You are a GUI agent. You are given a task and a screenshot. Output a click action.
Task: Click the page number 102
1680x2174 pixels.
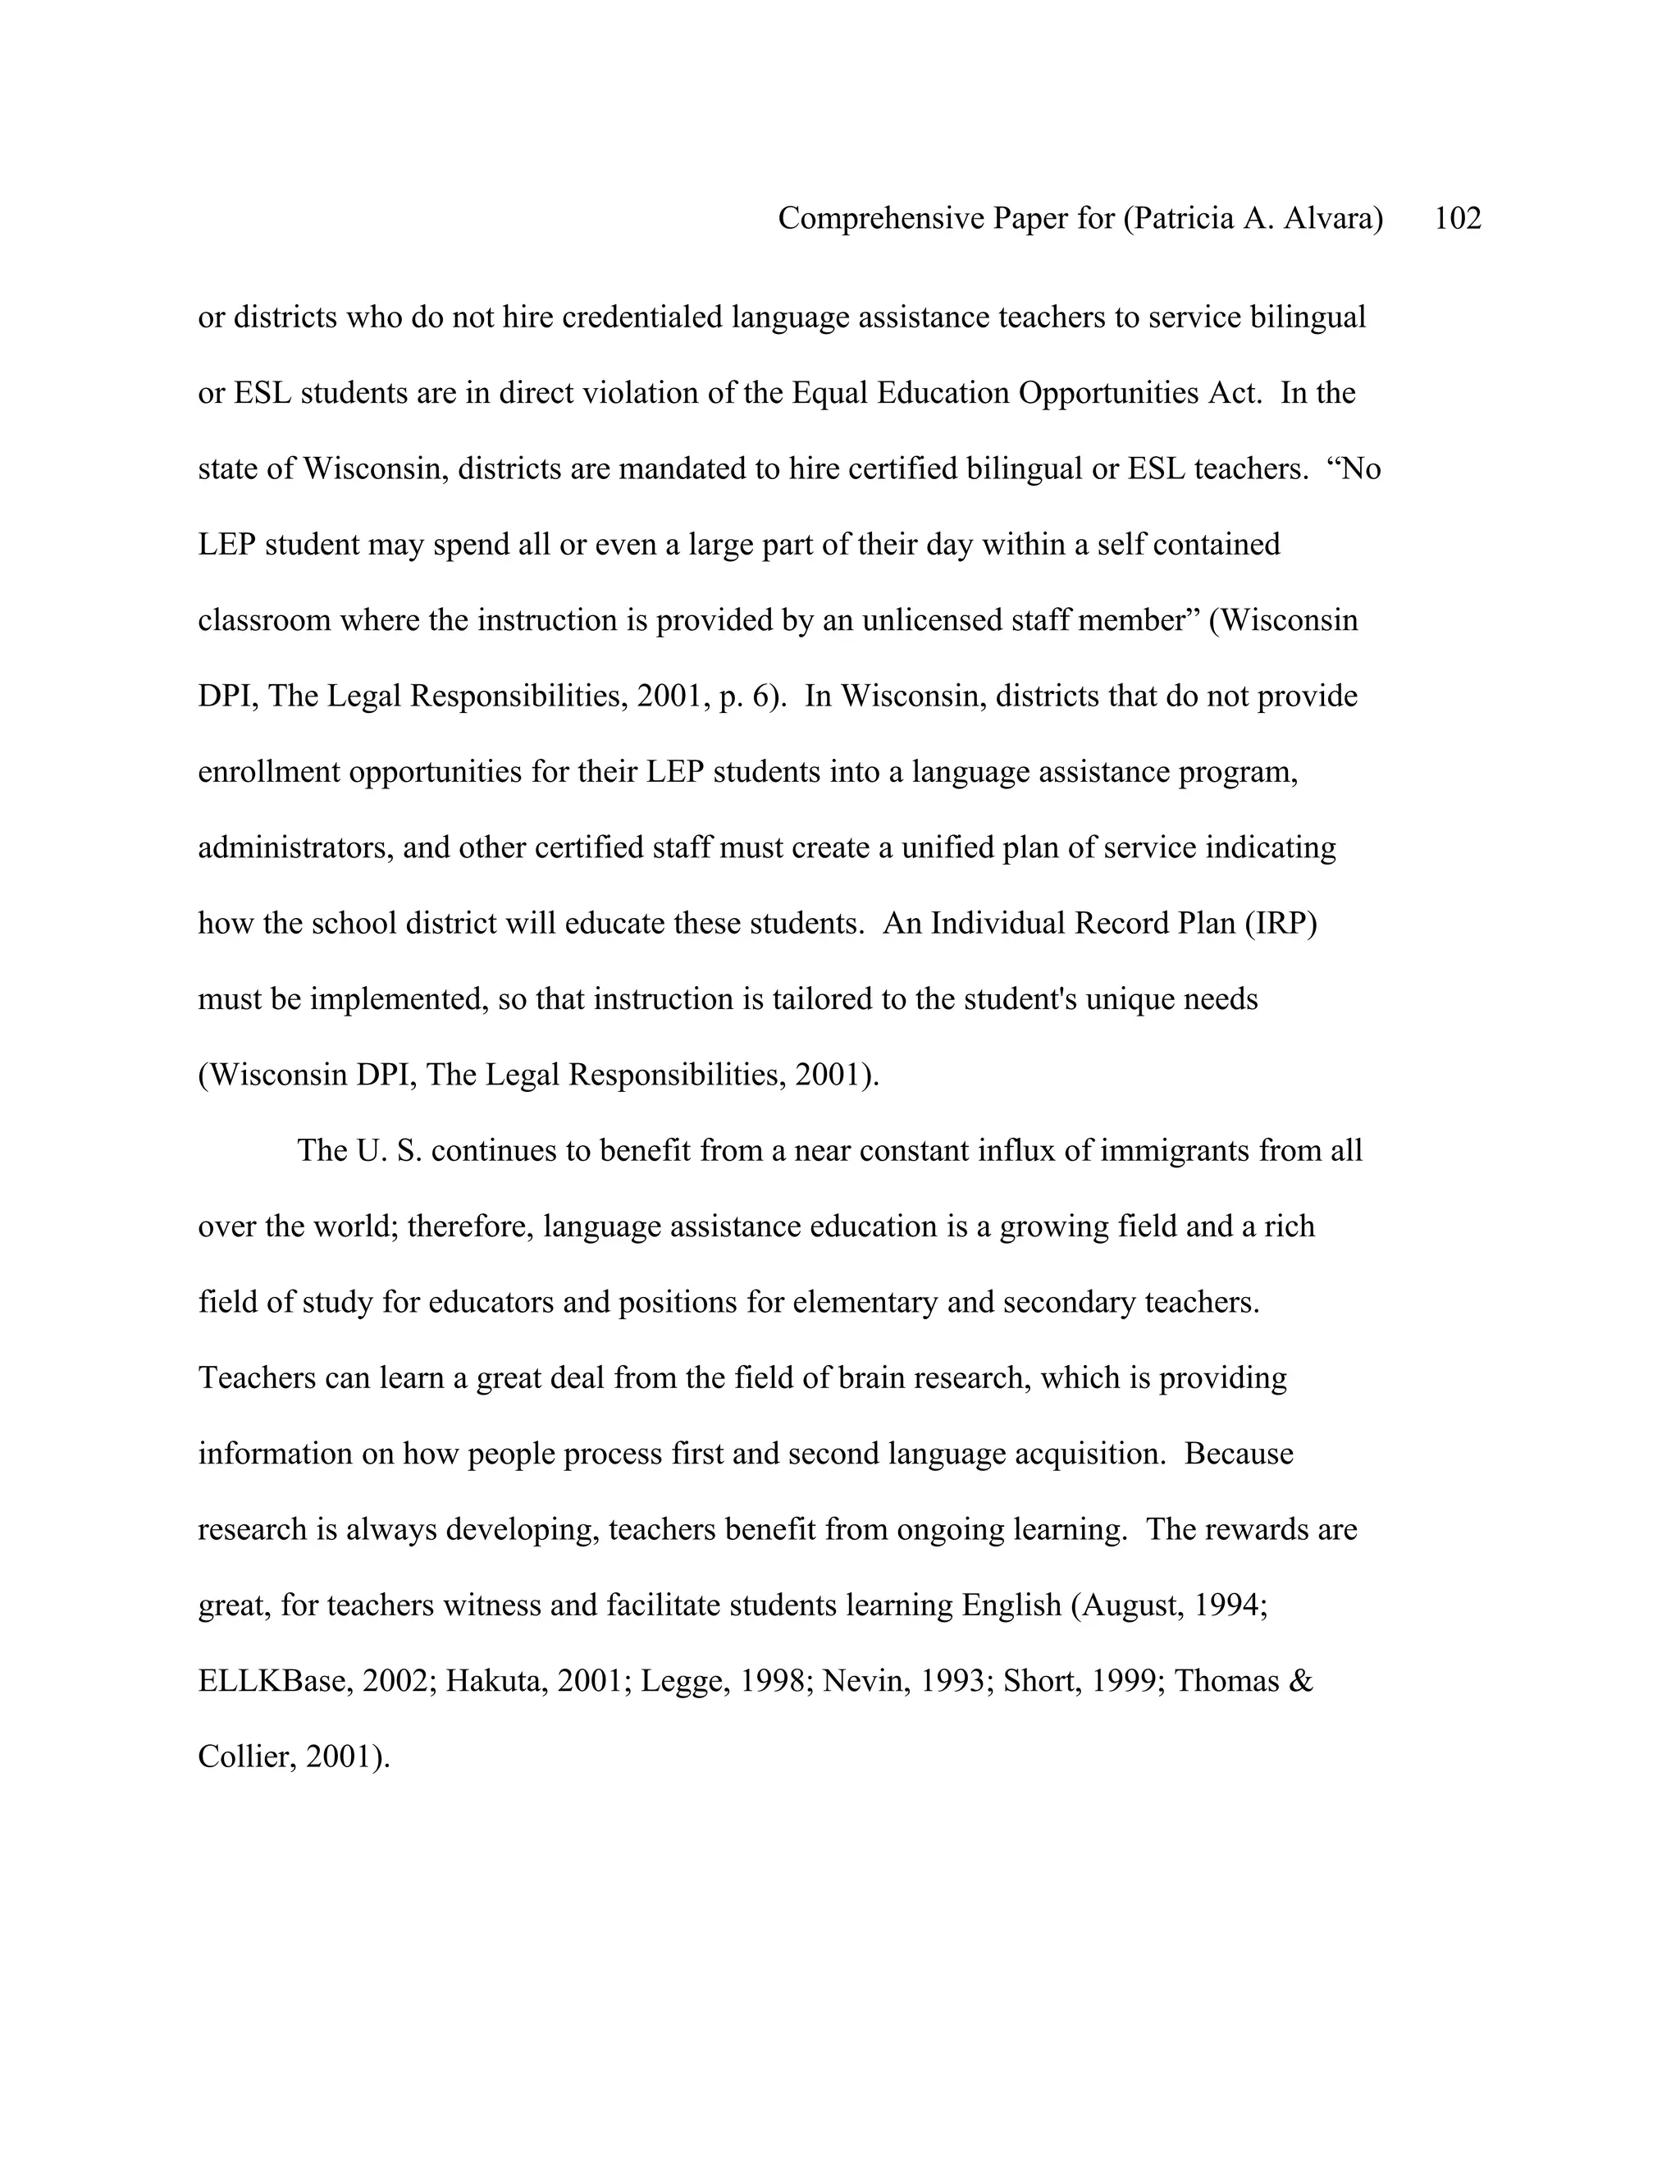[1457, 218]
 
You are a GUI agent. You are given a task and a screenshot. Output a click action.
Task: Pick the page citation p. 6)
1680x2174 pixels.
[752, 696]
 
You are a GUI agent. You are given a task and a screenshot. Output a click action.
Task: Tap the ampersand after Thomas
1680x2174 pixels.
[1302, 1680]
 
